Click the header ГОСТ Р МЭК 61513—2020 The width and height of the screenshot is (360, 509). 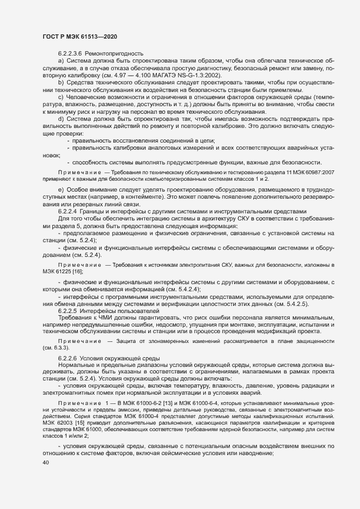[80, 36]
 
